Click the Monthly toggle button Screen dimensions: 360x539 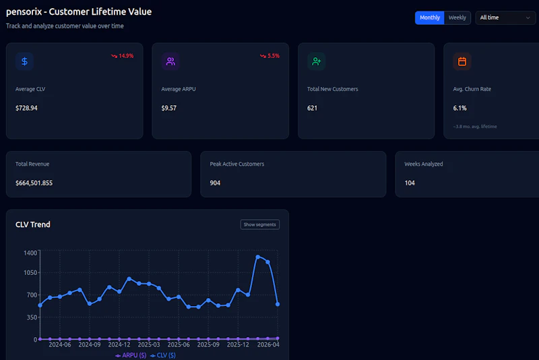(429, 18)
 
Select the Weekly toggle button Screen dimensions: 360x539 (457, 18)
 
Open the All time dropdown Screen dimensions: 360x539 (505, 18)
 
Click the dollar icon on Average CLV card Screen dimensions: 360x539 (25, 61)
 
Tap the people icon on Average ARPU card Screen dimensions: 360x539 (170, 61)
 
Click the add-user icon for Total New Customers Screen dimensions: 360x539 (317, 61)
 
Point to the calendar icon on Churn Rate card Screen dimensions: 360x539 (462, 61)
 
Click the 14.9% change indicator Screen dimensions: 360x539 (123, 56)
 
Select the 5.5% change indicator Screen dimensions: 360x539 (269, 56)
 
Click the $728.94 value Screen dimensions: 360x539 (26, 108)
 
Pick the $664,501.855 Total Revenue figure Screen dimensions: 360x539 (34, 183)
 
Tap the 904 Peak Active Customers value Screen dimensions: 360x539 (215, 183)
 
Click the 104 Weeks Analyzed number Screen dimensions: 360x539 (410, 183)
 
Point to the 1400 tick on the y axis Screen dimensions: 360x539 (30, 253)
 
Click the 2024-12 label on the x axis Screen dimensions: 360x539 (119, 344)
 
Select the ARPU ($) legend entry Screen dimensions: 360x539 (131, 355)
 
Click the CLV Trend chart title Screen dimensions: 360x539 (33, 224)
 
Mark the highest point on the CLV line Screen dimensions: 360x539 (258, 257)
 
